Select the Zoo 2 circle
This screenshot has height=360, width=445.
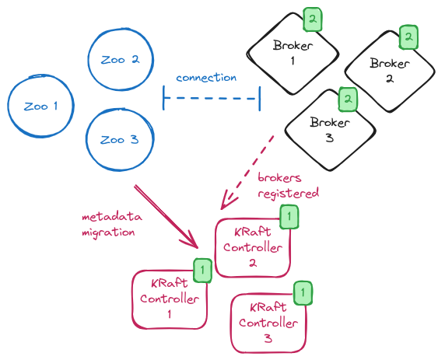click(120, 60)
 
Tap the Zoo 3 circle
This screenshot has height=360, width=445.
click(119, 140)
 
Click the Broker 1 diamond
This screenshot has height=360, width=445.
click(293, 54)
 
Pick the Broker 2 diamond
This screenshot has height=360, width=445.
click(389, 71)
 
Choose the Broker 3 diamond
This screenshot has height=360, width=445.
click(330, 129)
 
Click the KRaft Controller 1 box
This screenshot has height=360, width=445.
click(170, 299)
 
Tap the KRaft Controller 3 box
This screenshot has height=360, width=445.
click(267, 323)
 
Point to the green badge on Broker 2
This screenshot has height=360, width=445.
click(408, 37)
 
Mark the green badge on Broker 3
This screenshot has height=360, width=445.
click(349, 99)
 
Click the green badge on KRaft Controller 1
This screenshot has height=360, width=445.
click(201, 270)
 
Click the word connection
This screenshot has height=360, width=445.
click(206, 78)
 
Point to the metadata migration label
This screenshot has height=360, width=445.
click(110, 223)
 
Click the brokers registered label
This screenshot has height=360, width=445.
click(288, 185)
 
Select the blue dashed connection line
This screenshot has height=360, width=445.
click(211, 98)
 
